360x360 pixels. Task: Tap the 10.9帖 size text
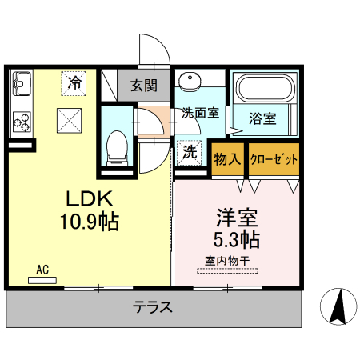88,222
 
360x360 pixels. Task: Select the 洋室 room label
231,216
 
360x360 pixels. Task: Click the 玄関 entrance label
145,85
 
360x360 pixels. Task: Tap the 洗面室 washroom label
199,113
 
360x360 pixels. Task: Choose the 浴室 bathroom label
262,119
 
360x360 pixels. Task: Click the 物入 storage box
228,158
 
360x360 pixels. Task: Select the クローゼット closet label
274,158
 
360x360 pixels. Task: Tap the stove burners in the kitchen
22,122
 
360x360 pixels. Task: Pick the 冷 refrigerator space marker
74,82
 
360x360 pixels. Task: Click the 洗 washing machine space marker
189,151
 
